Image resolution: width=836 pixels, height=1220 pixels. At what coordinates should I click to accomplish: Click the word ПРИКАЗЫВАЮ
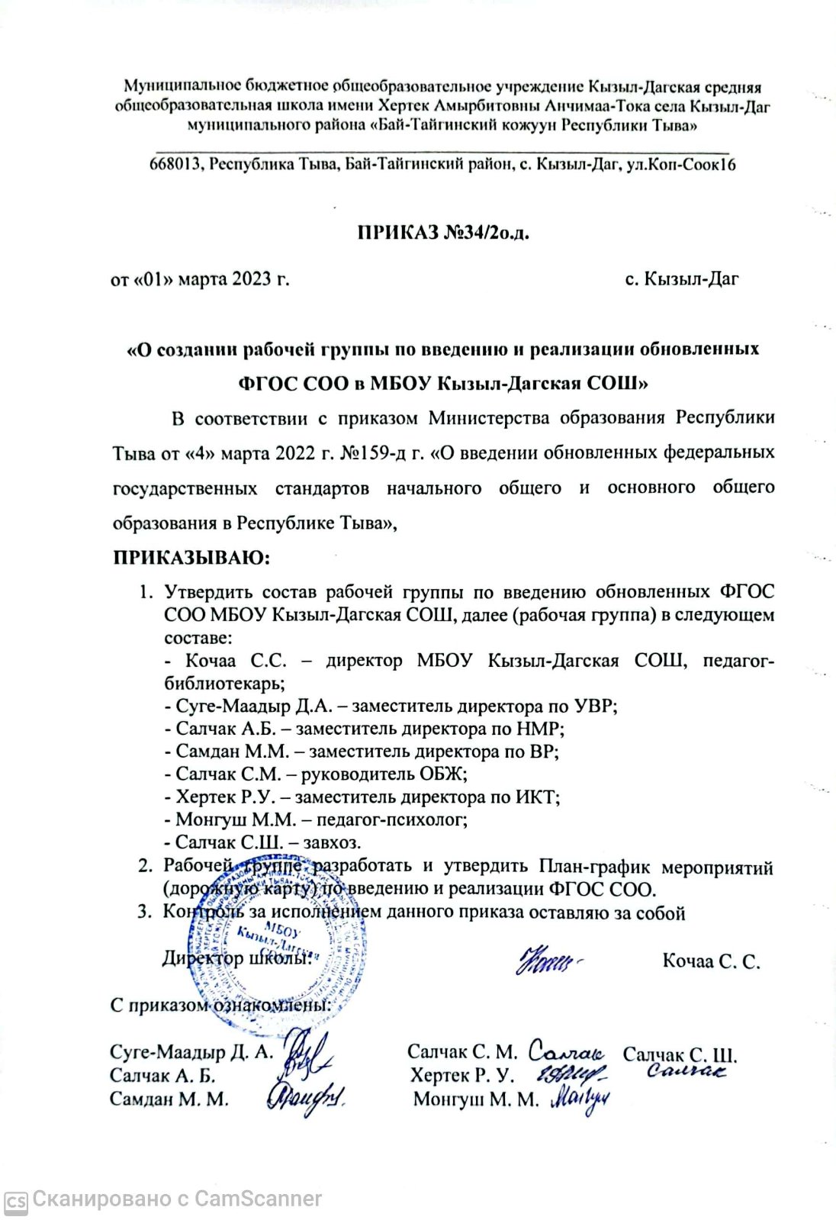(190, 558)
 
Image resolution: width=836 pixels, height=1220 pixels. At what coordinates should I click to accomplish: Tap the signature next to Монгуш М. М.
(579, 1099)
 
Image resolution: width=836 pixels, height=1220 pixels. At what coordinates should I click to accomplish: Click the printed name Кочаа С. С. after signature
(711, 961)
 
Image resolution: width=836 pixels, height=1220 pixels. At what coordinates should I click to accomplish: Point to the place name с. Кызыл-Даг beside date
(681, 279)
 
